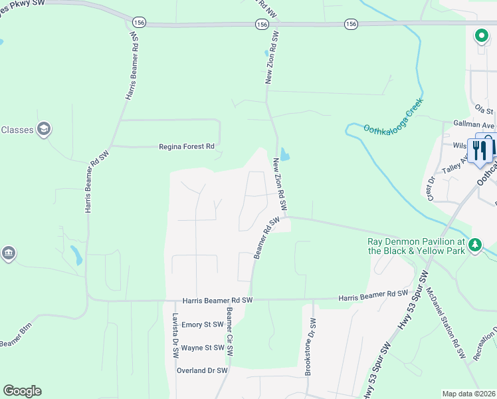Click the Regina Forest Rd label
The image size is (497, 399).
[x=186, y=146]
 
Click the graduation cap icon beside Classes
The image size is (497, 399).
[x=44, y=129]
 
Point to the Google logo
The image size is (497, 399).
[x=22, y=391]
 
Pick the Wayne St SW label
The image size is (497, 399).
[x=203, y=348]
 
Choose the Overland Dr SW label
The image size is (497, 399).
[x=202, y=370]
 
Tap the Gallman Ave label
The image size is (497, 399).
[x=474, y=125]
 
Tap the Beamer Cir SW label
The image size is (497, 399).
[x=229, y=329]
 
